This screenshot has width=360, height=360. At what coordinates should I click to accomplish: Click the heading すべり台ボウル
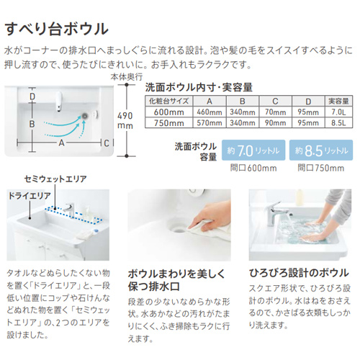(x=57, y=30)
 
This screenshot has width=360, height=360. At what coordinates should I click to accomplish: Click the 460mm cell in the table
(x=210, y=112)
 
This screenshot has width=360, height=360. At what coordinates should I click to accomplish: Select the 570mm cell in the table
(x=210, y=123)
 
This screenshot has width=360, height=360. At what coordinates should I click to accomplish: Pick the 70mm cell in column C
(x=275, y=112)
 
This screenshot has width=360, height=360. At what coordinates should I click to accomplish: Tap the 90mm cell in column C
(x=275, y=123)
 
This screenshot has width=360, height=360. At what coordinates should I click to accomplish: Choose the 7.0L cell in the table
(x=338, y=112)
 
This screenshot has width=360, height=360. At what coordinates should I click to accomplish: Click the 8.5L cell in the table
(x=338, y=123)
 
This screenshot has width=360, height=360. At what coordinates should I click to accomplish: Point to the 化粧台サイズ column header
(x=168, y=101)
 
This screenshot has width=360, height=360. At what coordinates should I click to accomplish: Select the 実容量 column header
(x=338, y=101)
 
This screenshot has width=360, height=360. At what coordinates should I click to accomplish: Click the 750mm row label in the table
(x=168, y=123)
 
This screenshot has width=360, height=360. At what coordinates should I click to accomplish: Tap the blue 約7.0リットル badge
(x=253, y=150)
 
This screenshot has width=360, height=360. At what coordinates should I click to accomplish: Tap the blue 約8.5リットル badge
(x=321, y=150)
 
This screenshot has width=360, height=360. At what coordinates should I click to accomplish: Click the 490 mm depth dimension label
(x=125, y=120)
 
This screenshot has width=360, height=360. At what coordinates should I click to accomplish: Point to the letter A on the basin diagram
(x=61, y=143)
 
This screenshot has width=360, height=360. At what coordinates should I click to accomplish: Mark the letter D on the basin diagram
(x=32, y=96)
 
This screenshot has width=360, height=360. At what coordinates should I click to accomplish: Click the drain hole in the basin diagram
(x=84, y=115)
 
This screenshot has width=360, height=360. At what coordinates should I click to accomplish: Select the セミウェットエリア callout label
(x=55, y=179)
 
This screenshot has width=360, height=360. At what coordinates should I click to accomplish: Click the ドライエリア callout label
(x=30, y=196)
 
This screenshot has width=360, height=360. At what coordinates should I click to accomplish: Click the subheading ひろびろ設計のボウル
(x=299, y=273)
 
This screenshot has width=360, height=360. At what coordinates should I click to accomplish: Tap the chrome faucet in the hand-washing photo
(x=276, y=213)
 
